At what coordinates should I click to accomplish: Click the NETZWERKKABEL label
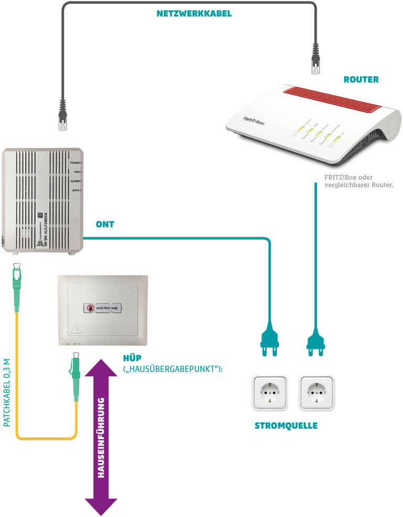pyautogui.click(x=194, y=14)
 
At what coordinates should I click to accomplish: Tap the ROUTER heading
pyautogui.click(x=360, y=80)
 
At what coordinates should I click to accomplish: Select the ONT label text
pyautogui.click(x=105, y=224)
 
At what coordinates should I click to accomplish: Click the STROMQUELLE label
pyautogui.click(x=286, y=426)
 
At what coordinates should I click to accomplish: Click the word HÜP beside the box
pyautogui.click(x=132, y=358)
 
